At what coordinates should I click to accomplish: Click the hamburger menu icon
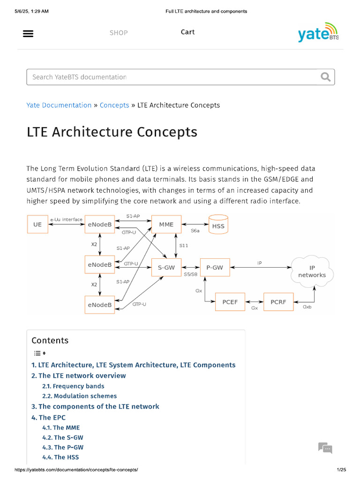pyautogui.click(x=28, y=33)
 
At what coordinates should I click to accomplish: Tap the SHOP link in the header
pyautogui.click(x=119, y=33)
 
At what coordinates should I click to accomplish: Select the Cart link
pyautogui.click(x=187, y=32)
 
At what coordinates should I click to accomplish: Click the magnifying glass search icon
pyautogui.click(x=325, y=77)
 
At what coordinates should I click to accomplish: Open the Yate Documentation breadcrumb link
pyautogui.click(x=59, y=105)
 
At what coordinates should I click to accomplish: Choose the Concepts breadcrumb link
pyautogui.click(x=114, y=105)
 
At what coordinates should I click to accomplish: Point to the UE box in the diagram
pyautogui.click(x=37, y=225)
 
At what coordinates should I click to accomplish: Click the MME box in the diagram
pyautogui.click(x=166, y=225)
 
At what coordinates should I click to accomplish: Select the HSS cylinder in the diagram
pyautogui.click(x=218, y=225)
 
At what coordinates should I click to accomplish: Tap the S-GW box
pyautogui.click(x=166, y=268)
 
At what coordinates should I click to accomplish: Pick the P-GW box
pyautogui.click(x=215, y=268)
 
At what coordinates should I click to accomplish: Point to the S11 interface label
pyautogui.click(x=184, y=246)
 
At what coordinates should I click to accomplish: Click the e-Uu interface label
pyautogui.click(x=66, y=219)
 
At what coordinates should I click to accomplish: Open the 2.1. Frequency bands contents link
pyautogui.click(x=73, y=386)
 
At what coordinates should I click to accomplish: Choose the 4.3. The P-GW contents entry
pyautogui.click(x=63, y=447)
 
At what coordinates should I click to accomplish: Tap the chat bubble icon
pyautogui.click(x=325, y=448)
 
